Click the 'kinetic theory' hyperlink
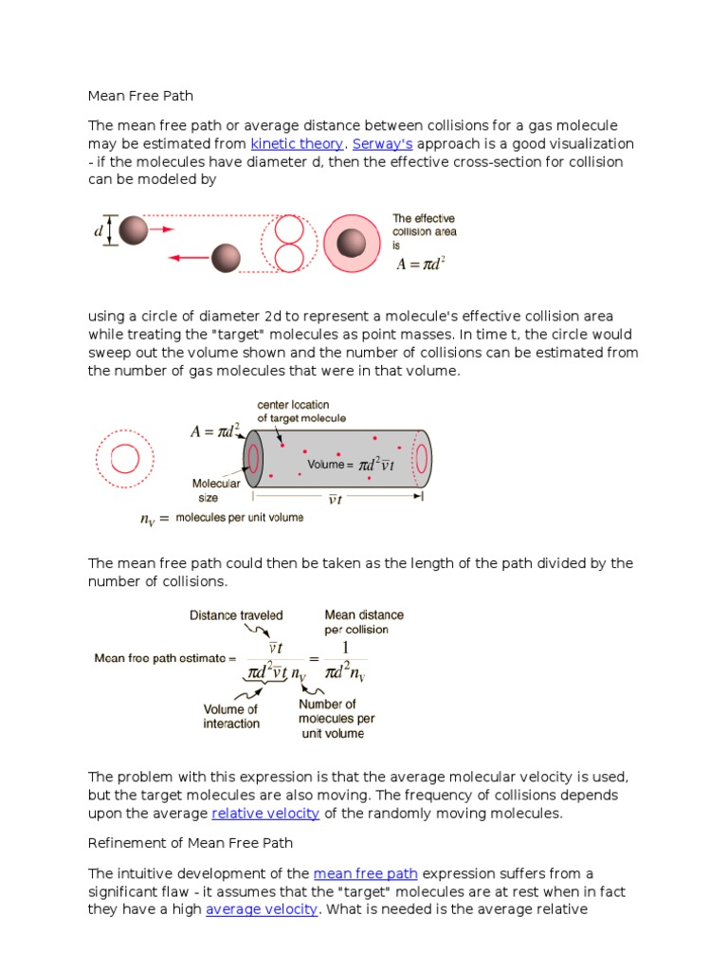point(297,144)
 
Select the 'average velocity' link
point(261,910)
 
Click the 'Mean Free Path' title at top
point(140,96)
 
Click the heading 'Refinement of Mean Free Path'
point(191,843)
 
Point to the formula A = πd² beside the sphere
point(420,264)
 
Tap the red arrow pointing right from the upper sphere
point(162,229)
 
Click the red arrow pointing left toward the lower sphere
point(190,257)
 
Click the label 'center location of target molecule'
point(301,412)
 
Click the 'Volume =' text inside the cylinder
point(330,465)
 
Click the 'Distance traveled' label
point(236,615)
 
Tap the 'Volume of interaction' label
point(231,717)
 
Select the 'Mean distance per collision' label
point(363,622)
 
